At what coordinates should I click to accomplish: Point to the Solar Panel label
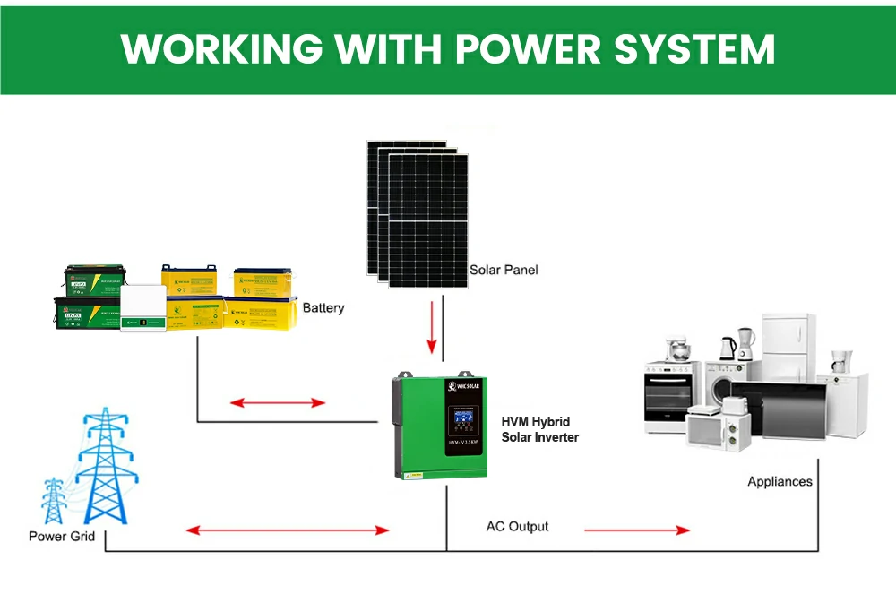pyautogui.click(x=504, y=270)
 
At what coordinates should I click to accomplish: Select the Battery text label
pyautogui.click(x=323, y=308)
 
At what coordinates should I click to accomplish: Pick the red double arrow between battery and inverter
pyautogui.click(x=278, y=403)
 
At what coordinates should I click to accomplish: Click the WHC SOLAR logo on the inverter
pyautogui.click(x=465, y=387)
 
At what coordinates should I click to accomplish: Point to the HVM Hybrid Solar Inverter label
pyautogui.click(x=538, y=429)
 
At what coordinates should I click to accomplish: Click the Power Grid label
pyautogui.click(x=60, y=537)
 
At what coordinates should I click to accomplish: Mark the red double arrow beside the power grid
pyautogui.click(x=288, y=530)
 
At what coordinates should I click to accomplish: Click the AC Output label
pyautogui.click(x=517, y=527)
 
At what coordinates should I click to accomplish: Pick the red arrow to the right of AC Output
pyautogui.click(x=637, y=530)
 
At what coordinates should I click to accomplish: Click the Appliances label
pyautogui.click(x=780, y=482)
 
